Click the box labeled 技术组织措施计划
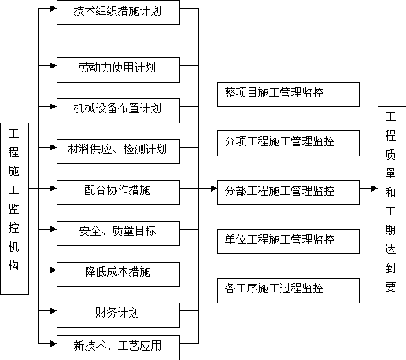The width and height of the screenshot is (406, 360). tap(118, 13)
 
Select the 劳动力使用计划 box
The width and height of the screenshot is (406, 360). tap(118, 70)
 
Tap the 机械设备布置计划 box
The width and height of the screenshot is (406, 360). tap(118, 111)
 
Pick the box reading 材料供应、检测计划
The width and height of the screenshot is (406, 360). tap(118, 152)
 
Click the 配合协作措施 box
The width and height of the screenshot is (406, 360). tap(118, 193)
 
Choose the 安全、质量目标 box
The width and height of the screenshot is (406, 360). tap(118, 233)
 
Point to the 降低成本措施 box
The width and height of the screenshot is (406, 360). tap(118, 274)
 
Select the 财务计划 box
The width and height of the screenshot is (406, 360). tap(118, 315)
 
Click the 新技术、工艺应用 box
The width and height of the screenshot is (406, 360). tap(118, 347)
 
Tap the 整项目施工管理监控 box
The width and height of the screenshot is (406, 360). tap(288, 94)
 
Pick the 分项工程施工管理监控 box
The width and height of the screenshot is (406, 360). tap(288, 143)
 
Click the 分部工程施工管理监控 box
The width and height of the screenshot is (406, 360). tap(288, 193)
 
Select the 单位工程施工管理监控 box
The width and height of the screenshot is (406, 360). tap(288, 241)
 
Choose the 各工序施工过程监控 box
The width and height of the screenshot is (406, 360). tap(288, 291)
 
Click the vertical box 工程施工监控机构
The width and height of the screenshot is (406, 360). tap(14, 208)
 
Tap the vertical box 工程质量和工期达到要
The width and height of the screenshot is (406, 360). tap(392, 204)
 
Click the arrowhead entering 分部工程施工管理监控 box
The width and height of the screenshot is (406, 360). tap(214, 188)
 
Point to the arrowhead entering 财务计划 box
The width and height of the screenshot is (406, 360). tap(54, 310)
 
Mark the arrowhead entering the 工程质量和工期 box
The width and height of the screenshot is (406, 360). tap(375, 188)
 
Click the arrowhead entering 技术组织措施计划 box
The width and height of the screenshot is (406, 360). tap(54, 9)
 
